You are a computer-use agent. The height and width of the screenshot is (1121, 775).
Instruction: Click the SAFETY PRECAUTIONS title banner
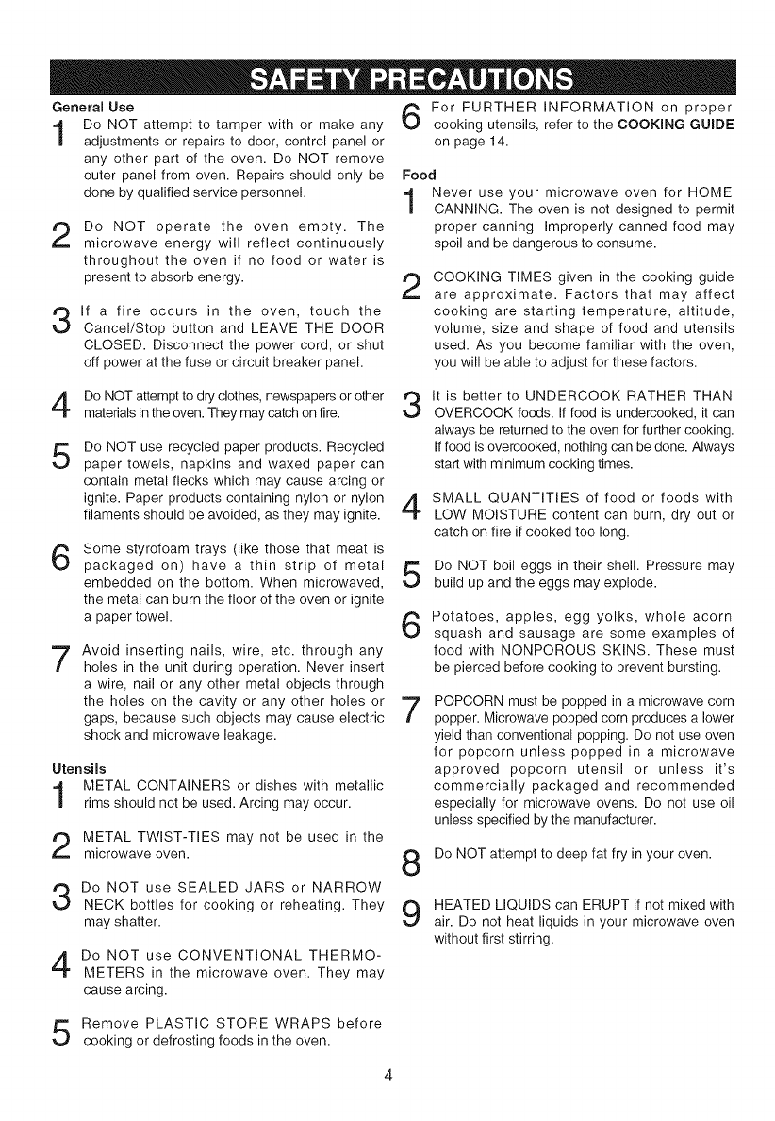pos(387,76)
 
